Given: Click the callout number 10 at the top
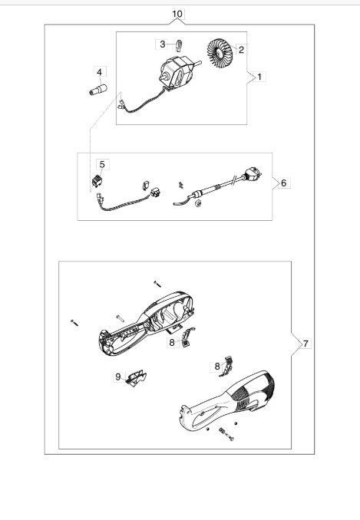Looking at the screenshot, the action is pyautogui.click(x=177, y=14).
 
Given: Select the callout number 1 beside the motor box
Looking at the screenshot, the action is pyautogui.click(x=259, y=77).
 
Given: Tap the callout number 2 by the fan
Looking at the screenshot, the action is pyautogui.click(x=241, y=50).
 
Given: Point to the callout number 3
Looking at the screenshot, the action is pyautogui.click(x=162, y=44).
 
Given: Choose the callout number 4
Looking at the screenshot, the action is pyautogui.click(x=100, y=71).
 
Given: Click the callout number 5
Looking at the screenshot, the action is pyautogui.click(x=102, y=164).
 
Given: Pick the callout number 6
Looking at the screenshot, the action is pyautogui.click(x=283, y=183).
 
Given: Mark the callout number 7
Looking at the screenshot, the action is pyautogui.click(x=306, y=344).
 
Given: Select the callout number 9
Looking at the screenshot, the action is pyautogui.click(x=118, y=377).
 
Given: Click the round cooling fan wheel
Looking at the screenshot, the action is pyautogui.click(x=220, y=51).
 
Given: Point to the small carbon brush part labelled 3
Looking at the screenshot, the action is pyautogui.click(x=179, y=44).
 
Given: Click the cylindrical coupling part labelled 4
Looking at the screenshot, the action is pyautogui.click(x=98, y=90).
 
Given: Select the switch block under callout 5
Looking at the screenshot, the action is pyautogui.click(x=97, y=180).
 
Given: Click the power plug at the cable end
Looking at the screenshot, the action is pyautogui.click(x=253, y=173).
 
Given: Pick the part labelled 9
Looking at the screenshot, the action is pyautogui.click(x=136, y=378).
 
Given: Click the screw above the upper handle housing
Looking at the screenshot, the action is pyautogui.click(x=157, y=283).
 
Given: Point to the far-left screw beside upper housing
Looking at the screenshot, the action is pyautogui.click(x=74, y=322).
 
